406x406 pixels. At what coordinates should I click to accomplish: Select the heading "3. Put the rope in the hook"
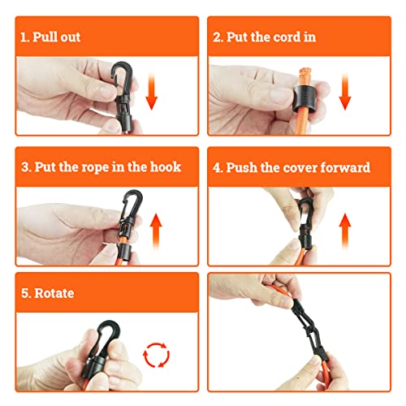point(101,167)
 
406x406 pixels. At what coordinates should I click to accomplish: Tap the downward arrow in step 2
point(346,94)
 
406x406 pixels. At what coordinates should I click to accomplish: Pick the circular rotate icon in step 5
point(155,355)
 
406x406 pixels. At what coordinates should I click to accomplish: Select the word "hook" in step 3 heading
point(162,167)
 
